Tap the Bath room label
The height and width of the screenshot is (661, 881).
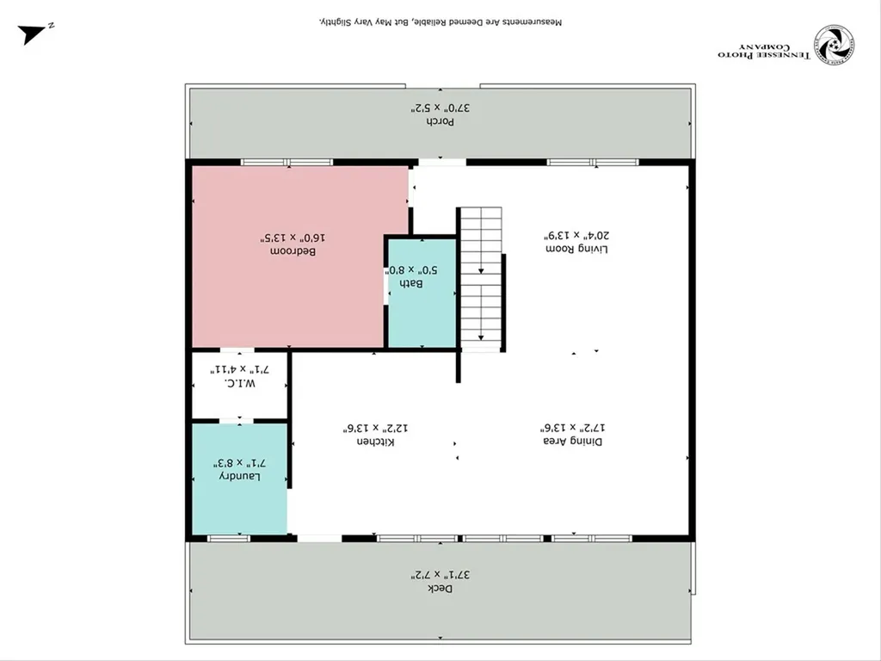416,283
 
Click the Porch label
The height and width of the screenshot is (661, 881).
441,121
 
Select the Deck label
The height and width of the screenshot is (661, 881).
440,588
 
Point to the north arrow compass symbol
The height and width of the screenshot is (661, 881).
35,33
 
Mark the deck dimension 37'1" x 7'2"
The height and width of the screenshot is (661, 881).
440,574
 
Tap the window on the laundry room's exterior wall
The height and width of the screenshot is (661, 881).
229,538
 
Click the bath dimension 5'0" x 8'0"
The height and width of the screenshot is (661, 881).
416,269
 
